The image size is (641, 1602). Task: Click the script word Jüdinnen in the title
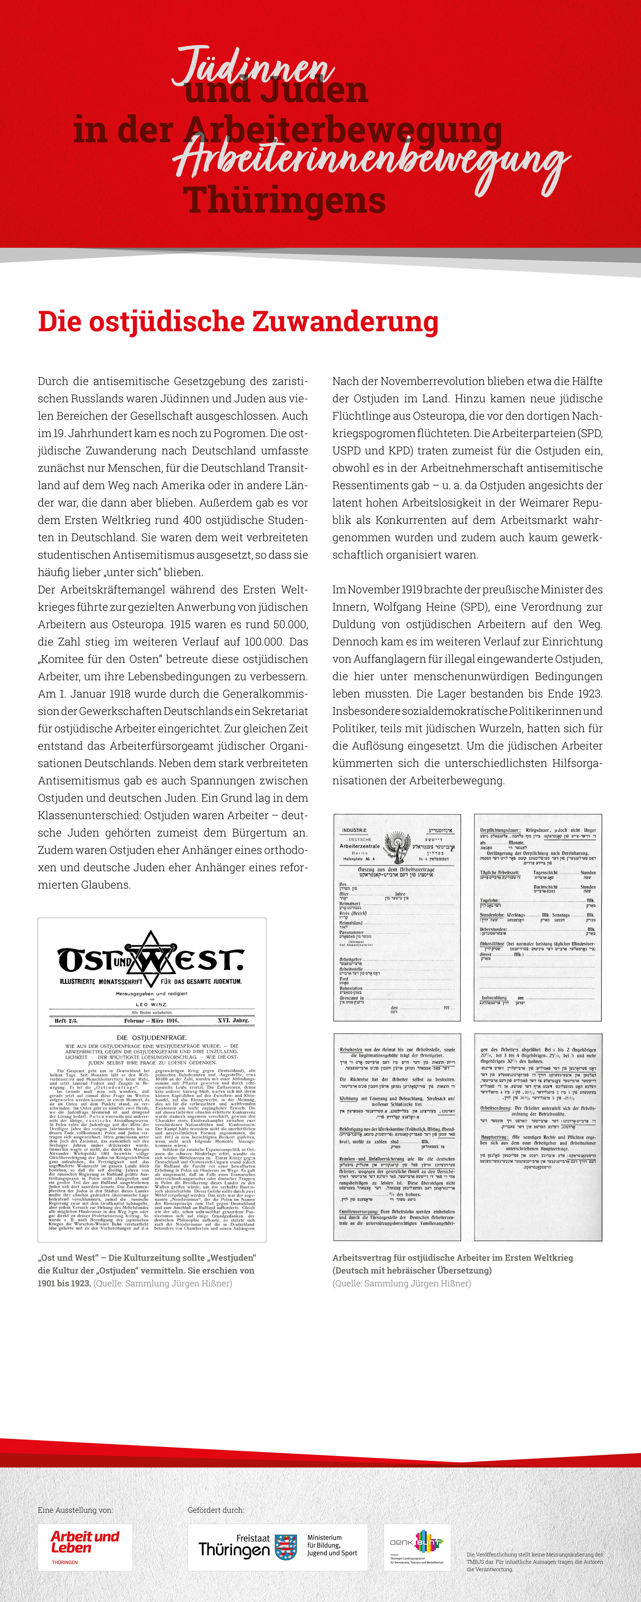252,67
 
